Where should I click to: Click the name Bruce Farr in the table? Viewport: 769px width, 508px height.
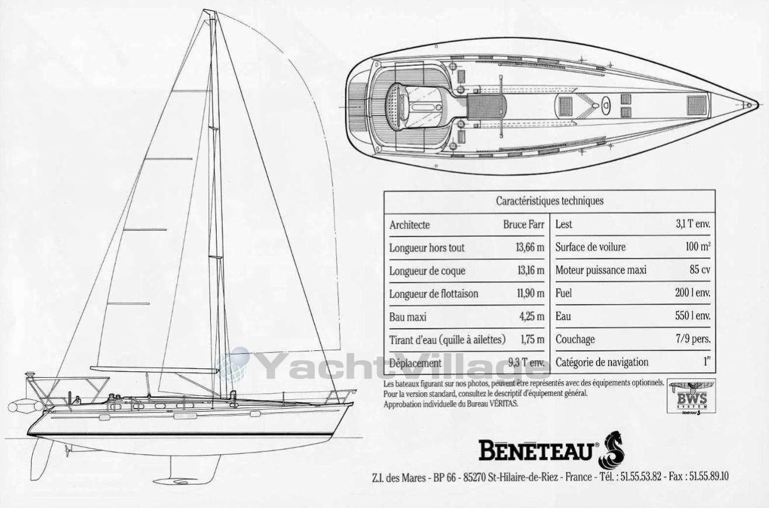(x=524, y=224)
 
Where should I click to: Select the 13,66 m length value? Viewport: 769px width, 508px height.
(x=530, y=248)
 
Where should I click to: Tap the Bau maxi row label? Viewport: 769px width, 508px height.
(x=408, y=317)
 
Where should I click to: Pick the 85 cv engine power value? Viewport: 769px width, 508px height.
(x=699, y=269)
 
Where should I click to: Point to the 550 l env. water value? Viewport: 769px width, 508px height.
(x=692, y=316)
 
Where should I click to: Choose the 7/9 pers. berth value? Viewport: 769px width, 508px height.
(x=693, y=339)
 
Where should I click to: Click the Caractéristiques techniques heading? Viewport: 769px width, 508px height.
(x=550, y=201)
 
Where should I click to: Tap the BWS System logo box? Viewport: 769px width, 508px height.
(x=691, y=396)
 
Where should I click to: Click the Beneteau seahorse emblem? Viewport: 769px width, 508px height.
(x=611, y=450)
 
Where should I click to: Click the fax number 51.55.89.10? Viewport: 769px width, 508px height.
(x=709, y=476)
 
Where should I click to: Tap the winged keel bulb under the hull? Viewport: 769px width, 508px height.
(x=176, y=481)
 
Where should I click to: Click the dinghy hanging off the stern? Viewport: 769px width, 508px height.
(x=26, y=406)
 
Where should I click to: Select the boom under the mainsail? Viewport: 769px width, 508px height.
(x=154, y=369)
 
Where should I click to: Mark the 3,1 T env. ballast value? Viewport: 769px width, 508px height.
(x=693, y=224)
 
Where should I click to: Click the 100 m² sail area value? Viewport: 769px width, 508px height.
(x=698, y=246)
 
